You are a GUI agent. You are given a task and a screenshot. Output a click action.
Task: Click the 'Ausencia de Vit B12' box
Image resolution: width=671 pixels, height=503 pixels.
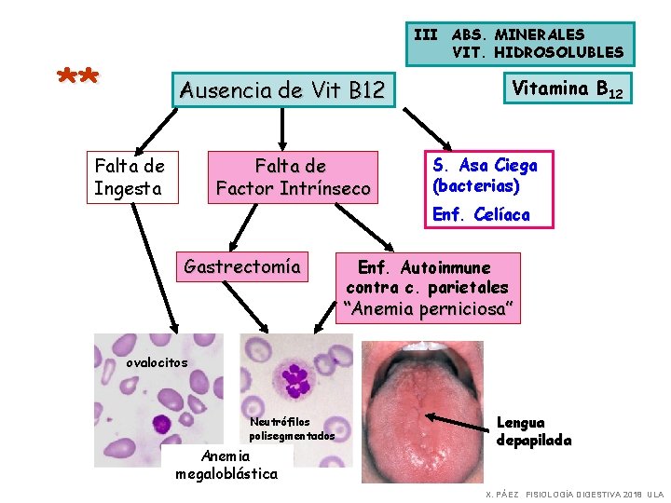pos(282,90)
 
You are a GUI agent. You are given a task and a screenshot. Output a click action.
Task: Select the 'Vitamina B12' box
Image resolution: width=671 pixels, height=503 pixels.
pos(568,88)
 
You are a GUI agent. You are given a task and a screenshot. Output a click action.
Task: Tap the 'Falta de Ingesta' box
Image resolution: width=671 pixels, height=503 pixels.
pos(129,177)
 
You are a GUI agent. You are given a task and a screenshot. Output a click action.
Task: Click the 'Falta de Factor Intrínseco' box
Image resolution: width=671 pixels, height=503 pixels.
pos(293,177)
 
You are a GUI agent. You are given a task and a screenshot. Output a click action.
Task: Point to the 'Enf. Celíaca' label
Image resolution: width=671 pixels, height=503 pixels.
pos(481,215)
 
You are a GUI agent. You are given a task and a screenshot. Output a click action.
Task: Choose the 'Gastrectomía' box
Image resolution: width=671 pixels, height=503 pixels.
pos(242,266)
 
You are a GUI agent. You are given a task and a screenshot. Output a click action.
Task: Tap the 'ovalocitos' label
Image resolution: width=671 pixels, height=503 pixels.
pos(157,362)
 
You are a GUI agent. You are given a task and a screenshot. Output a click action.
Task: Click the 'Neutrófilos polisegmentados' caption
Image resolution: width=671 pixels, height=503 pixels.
pos(292,429)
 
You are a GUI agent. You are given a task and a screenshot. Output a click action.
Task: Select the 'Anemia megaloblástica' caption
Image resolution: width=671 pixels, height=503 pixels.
pos(226,465)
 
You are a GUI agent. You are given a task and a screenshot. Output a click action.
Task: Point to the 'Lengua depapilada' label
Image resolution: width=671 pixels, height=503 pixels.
pos(534,431)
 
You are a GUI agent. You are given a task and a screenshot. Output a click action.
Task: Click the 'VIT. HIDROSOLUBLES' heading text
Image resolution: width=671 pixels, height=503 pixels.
pos(538,52)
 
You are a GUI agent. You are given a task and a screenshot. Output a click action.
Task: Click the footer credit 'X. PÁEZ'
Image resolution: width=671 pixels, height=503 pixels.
pos(501,493)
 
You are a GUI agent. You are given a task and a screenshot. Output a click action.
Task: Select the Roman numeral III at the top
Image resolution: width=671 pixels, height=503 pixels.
pos(425,34)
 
